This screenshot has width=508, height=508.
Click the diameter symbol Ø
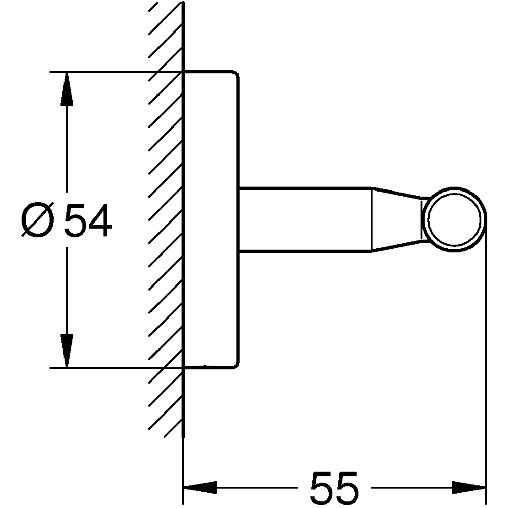pyautogui.click(x=37, y=220)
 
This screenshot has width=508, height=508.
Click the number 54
pyautogui.click(x=88, y=220)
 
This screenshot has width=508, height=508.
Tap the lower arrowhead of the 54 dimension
pyautogui.click(x=67, y=351)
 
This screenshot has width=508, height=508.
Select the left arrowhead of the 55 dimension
pyautogui.click(x=200, y=487)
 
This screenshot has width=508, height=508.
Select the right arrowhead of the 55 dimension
pyautogui.click(x=469, y=487)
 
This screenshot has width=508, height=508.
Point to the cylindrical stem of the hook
pyautogui.click(x=305, y=219)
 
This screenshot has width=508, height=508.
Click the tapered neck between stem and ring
pyautogui.click(x=397, y=219)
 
